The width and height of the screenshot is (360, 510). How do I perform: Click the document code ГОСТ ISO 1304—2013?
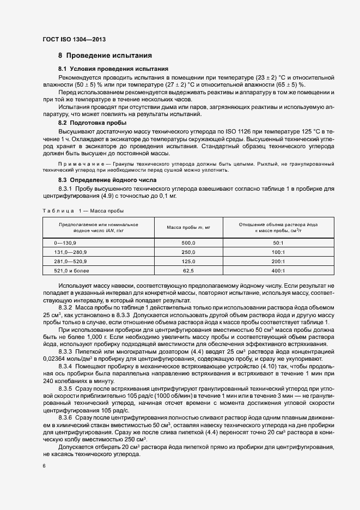(70, 40)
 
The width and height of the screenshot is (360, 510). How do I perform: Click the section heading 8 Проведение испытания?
(105, 56)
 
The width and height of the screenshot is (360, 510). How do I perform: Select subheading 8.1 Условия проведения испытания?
(113, 69)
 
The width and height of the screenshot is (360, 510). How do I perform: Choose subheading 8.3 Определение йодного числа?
(107, 179)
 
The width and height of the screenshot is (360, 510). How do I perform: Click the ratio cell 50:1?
(278, 242)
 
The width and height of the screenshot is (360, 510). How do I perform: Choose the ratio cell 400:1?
(278, 270)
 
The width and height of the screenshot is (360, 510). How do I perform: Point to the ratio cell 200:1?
(278, 261)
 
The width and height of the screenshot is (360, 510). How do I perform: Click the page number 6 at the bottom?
(44, 466)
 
